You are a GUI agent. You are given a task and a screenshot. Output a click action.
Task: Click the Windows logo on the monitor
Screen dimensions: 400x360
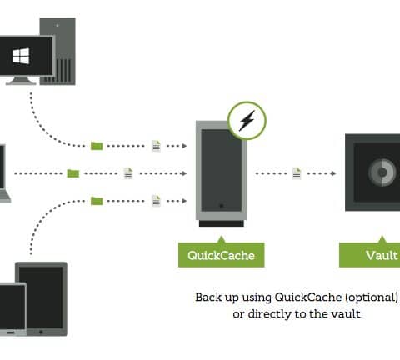point(21,56)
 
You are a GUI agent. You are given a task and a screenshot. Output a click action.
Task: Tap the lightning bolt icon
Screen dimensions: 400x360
point(247,121)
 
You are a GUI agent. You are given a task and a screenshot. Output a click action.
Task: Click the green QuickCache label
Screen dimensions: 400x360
point(222,255)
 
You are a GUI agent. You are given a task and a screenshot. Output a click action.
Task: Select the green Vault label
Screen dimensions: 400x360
point(370,255)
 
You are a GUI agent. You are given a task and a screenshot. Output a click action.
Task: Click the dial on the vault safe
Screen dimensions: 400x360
point(382,172)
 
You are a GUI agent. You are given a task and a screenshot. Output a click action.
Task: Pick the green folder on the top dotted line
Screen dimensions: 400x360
point(97,146)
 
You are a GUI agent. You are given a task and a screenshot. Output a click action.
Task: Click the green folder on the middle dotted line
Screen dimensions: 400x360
point(73,173)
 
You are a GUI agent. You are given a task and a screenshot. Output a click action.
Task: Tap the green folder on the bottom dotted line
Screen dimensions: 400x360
point(97,201)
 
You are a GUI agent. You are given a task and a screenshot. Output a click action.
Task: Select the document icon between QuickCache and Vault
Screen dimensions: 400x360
point(297,173)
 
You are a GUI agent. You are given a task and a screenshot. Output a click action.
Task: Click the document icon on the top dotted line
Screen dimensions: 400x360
point(156,146)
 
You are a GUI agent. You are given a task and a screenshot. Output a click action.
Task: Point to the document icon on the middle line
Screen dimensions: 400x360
point(128,173)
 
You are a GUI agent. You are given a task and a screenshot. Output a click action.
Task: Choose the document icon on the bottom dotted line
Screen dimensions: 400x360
point(156,201)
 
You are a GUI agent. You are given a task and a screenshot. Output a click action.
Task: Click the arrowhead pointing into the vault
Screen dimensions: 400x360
point(333,173)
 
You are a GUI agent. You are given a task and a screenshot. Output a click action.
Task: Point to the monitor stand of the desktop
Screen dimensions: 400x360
point(21,80)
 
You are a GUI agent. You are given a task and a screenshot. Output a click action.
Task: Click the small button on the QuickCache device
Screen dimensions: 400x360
point(222,206)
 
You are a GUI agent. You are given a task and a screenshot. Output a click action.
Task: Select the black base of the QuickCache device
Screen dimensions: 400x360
point(222,223)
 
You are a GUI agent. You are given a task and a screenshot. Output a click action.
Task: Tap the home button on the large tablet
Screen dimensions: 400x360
point(41,332)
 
